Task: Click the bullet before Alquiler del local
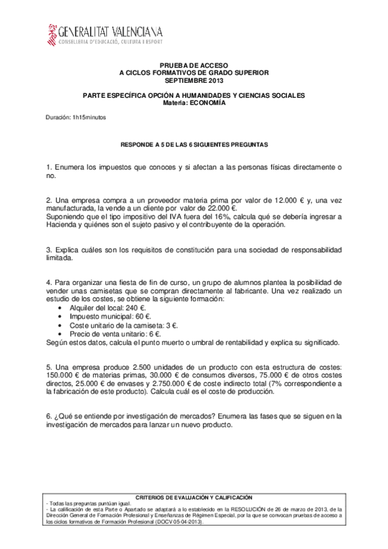pos(60,309)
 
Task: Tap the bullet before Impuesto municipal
pos(60,317)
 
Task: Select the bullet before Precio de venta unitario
pos(60,334)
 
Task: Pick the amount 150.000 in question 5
pos(60,375)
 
